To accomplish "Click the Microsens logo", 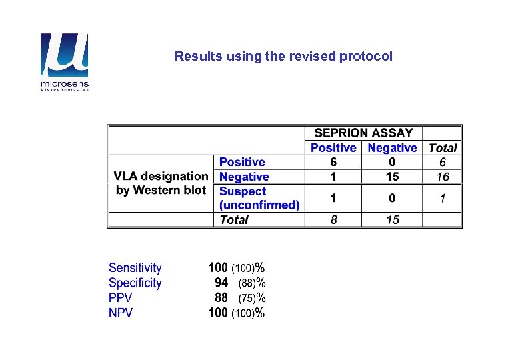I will pos(64,62).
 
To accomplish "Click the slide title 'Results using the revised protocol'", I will pos(283,57).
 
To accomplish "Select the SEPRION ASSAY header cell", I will pos(363,133).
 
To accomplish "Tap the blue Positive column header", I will pos(333,148).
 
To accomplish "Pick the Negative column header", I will pos(392,148).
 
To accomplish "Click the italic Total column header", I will pos(443,148).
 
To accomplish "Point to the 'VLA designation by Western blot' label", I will pos(161,183).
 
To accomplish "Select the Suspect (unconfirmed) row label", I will pos(259,198).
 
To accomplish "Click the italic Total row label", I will pos(234,220).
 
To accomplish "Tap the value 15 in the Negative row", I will pos(392,177).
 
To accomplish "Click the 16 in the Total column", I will pos(443,177).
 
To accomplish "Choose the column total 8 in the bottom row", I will pos(333,220).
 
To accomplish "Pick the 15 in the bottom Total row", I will pos(392,220).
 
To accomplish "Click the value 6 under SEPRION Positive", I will pos(333,162).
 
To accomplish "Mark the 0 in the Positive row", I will pos(392,162).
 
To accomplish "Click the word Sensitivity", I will pos(135,268).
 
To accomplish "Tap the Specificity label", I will pos(135,283).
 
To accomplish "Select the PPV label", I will pos(120,298).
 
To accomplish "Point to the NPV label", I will pos(120,313).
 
